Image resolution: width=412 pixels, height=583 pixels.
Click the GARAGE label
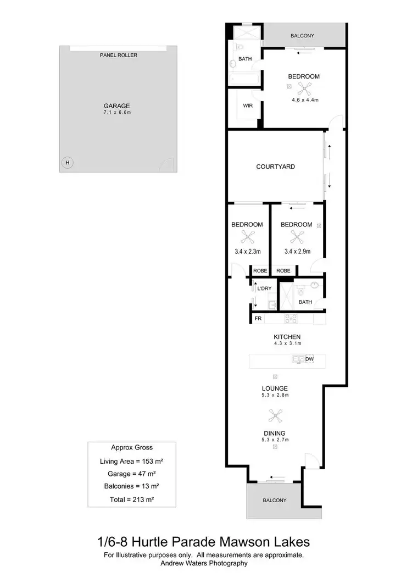pyautogui.click(x=117, y=106)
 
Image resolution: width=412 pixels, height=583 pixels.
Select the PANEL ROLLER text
pyautogui.click(x=119, y=55)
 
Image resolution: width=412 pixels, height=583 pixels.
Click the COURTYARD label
pyautogui.click(x=275, y=166)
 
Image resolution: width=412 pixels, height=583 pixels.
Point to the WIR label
pyautogui.click(x=248, y=106)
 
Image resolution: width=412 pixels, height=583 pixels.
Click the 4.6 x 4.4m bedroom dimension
pyautogui.click(x=305, y=100)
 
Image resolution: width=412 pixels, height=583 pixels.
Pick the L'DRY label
pyautogui.click(x=264, y=289)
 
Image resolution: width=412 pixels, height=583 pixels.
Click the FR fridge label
pyautogui.click(x=258, y=319)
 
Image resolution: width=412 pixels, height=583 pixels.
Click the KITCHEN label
pyautogui.click(x=287, y=337)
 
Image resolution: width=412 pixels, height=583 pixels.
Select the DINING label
pyautogui.click(x=275, y=433)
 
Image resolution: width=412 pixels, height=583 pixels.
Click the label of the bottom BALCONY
pyautogui.click(x=274, y=501)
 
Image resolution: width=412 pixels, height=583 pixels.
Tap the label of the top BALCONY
pyautogui.click(x=302, y=36)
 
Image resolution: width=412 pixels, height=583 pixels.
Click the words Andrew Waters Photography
pyautogui.click(x=204, y=563)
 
